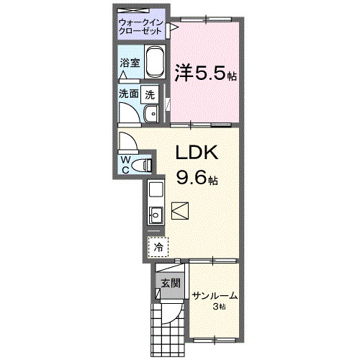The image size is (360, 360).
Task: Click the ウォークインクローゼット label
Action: point(143,27)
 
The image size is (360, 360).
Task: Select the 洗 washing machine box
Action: point(150,94)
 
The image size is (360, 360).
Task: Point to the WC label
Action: point(125,164)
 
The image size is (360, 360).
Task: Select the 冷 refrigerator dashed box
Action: point(158,246)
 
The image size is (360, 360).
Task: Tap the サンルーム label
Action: point(214,296)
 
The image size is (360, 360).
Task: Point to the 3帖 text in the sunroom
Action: point(219,307)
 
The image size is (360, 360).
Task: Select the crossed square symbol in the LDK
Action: point(180,211)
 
